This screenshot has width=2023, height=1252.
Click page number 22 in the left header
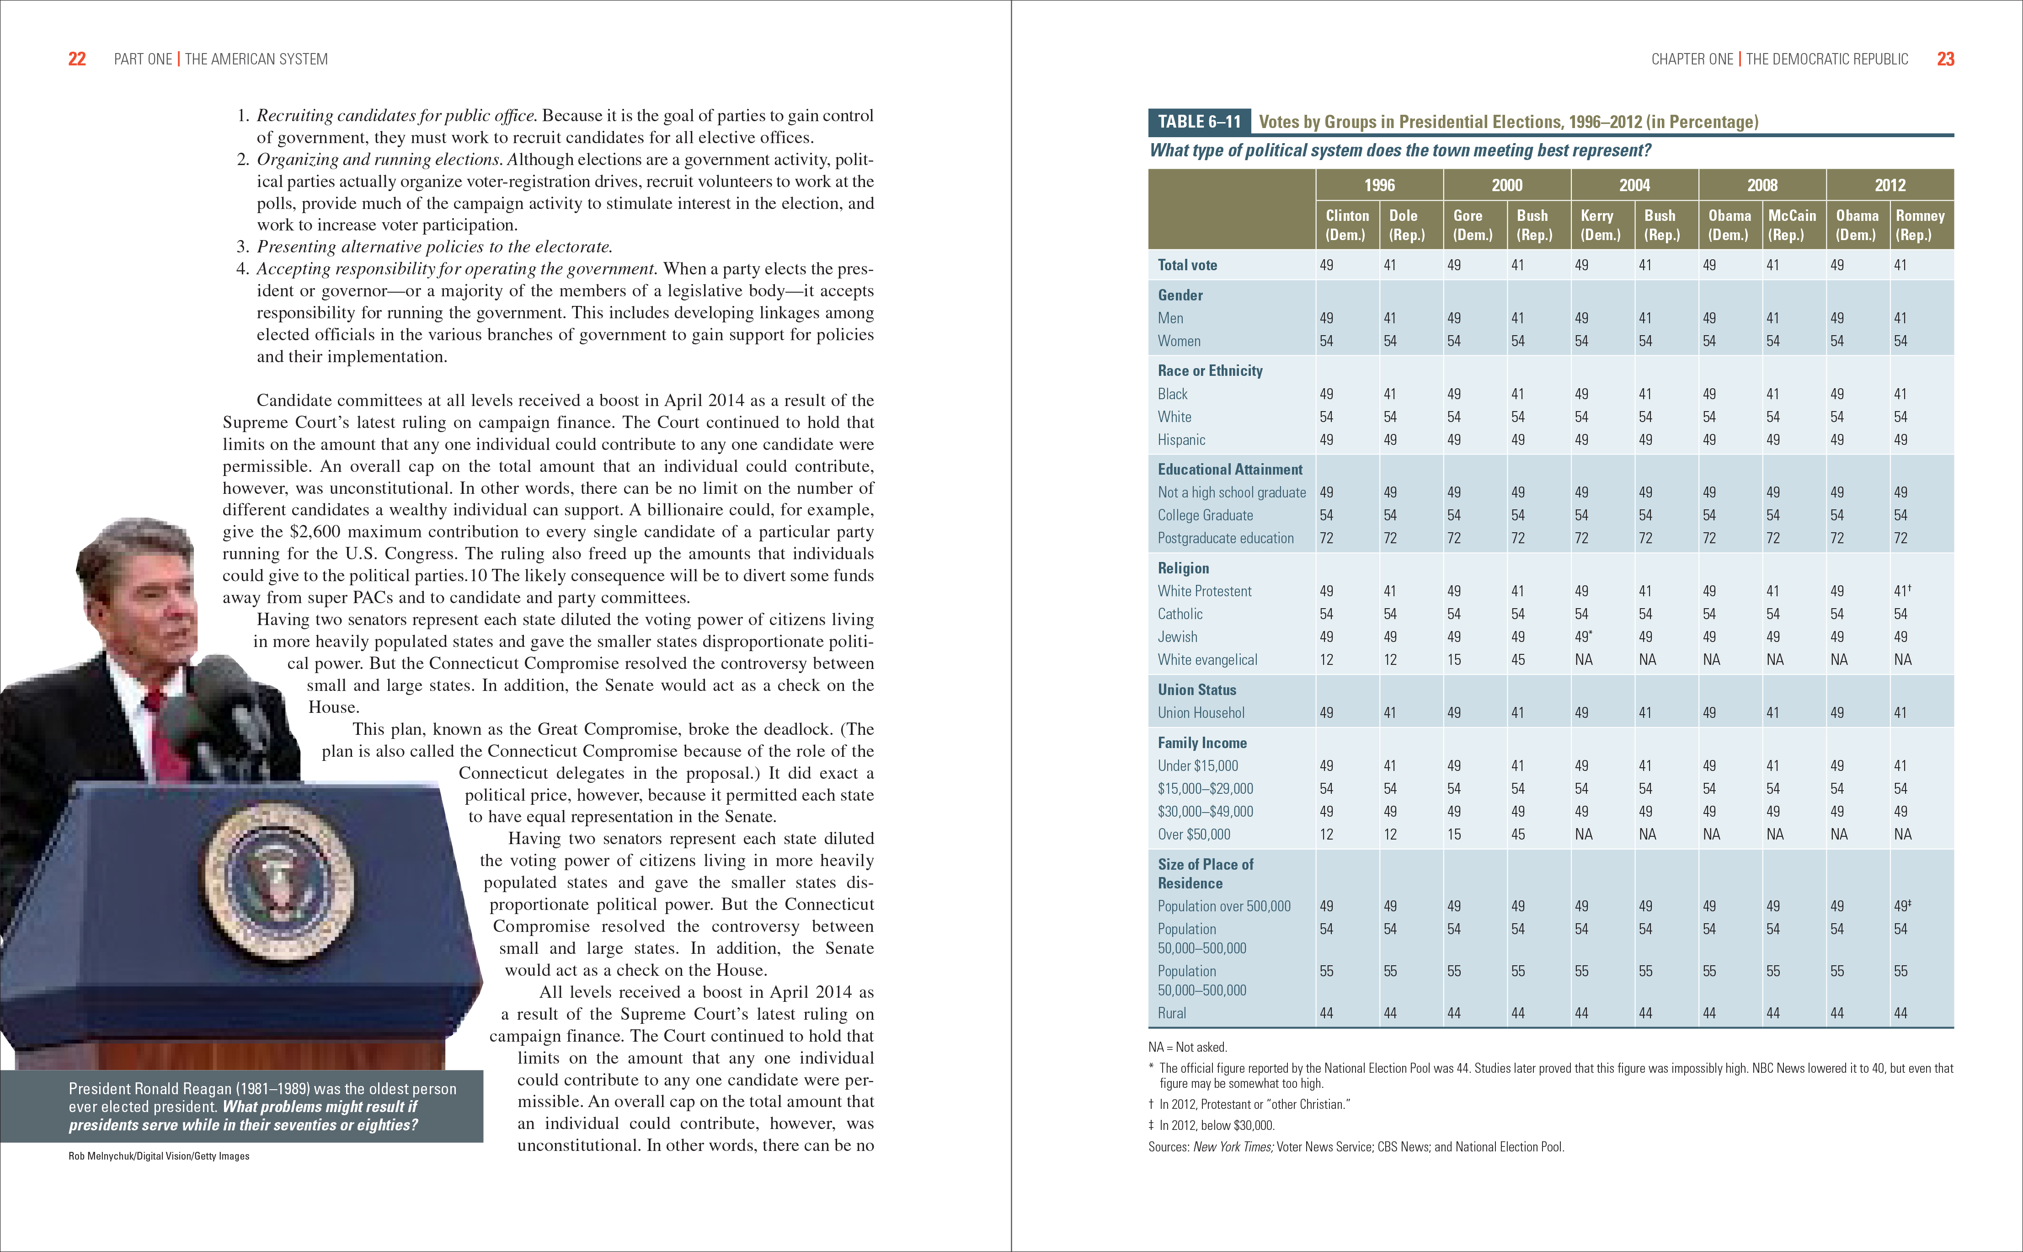click(x=76, y=59)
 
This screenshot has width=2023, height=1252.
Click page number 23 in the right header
click(x=1945, y=59)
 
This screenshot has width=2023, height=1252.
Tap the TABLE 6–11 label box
click(x=1199, y=122)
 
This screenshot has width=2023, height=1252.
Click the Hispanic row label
click(x=1181, y=440)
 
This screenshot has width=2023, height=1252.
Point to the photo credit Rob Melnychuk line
click(x=159, y=1156)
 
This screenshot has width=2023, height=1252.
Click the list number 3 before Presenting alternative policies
click(x=242, y=247)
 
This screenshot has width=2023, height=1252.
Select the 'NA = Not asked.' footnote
click(x=1187, y=1048)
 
